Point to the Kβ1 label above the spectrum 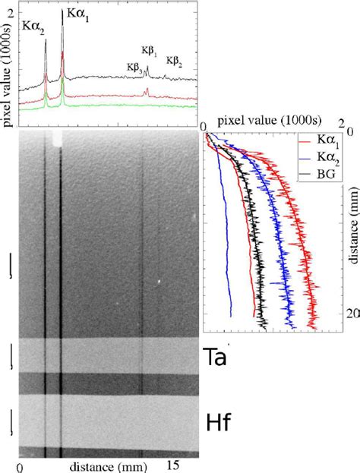coord(148,51)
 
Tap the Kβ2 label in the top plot coord(173,61)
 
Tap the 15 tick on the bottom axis coord(172,465)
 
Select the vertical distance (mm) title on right coord(354,228)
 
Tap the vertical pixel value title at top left coord(8,61)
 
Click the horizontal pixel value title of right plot coord(256,121)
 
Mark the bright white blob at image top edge coord(57,137)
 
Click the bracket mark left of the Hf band coord(10,421)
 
